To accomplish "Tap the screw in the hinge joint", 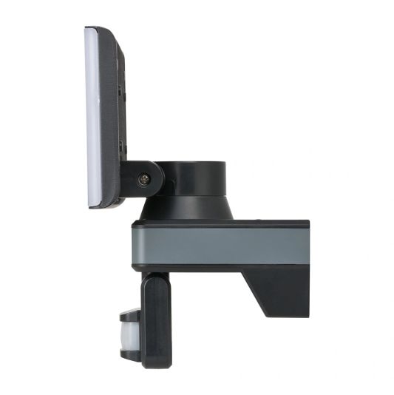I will [x=145, y=178].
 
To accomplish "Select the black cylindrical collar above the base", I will [x=193, y=180].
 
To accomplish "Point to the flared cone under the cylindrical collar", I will [x=187, y=210].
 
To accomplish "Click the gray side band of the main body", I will [x=222, y=244].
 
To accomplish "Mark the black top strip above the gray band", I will [x=222, y=223].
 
